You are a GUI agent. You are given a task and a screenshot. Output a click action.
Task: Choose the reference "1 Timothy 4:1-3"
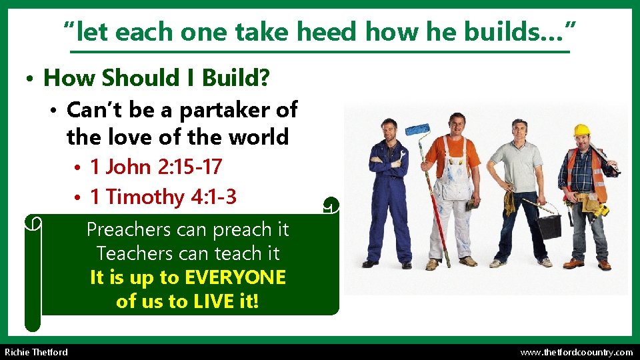pyautogui.click(x=163, y=197)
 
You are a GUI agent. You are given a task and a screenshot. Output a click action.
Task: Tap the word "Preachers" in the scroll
pyautogui.click(x=129, y=230)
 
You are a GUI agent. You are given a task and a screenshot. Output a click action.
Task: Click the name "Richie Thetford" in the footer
pyautogui.click(x=36, y=352)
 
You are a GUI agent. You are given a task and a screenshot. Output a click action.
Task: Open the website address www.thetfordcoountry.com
pyautogui.click(x=576, y=352)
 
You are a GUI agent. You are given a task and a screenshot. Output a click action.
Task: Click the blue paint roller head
pyautogui.click(x=418, y=129)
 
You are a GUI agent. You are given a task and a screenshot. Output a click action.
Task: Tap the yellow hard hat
pyautogui.click(x=581, y=129)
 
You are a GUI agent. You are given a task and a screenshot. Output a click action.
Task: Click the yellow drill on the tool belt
pyautogui.click(x=602, y=211)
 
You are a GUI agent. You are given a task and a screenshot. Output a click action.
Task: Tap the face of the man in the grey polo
pyautogui.click(x=518, y=129)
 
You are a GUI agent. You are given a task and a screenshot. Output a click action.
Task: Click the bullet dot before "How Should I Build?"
pyautogui.click(x=31, y=79)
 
